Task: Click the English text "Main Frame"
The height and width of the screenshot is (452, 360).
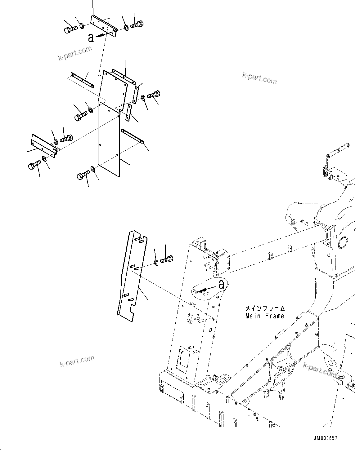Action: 264,316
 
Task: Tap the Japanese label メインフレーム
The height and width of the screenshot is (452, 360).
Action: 264,309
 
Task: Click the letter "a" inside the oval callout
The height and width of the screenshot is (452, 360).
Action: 221,284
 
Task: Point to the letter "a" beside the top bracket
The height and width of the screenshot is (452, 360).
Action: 91,38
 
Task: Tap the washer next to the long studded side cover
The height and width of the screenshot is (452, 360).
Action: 156,263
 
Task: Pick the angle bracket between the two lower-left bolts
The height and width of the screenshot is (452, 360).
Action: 44,145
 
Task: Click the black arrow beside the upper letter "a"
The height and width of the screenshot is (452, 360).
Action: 100,35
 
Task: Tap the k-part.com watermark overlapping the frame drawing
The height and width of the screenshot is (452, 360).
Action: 320,369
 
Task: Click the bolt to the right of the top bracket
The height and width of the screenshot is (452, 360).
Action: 137,24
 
